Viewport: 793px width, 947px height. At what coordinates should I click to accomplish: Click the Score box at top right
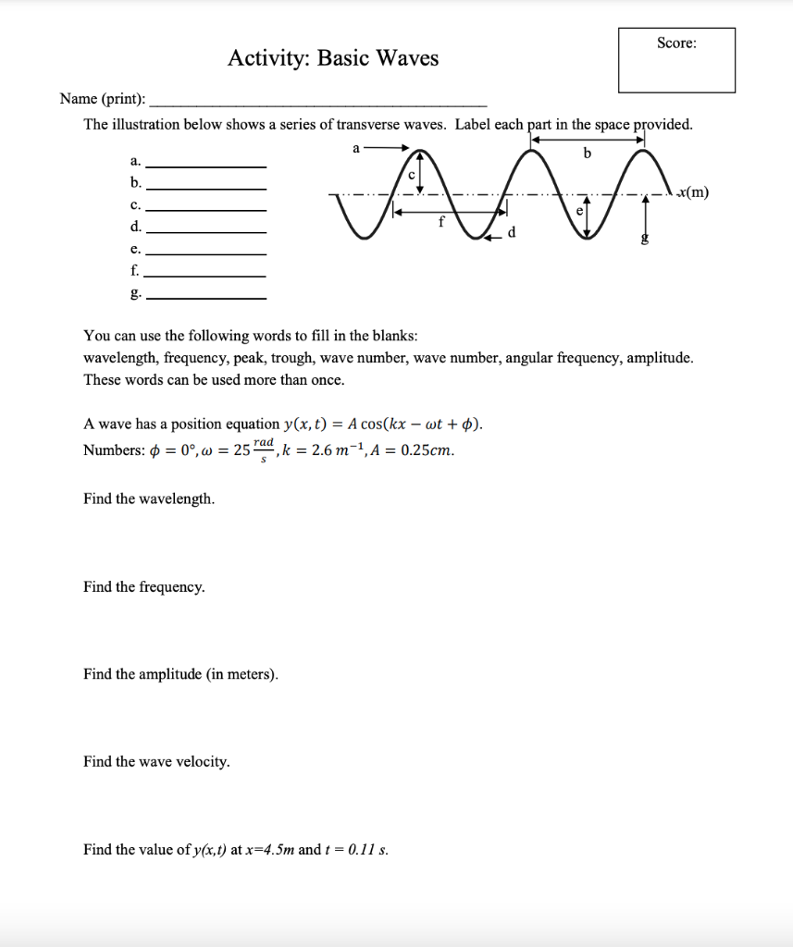pyautogui.click(x=676, y=60)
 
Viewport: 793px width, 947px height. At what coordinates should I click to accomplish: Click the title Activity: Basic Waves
pyautogui.click(x=333, y=59)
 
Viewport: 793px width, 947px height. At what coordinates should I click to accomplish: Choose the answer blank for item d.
pyautogui.click(x=207, y=229)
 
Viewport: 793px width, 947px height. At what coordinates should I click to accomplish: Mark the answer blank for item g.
pyautogui.click(x=207, y=296)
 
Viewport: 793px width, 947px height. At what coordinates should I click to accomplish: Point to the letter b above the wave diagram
pyautogui.click(x=586, y=154)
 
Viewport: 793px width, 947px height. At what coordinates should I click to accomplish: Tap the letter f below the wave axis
pyautogui.click(x=441, y=221)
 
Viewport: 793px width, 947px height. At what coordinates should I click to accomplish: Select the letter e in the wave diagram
pyautogui.click(x=580, y=211)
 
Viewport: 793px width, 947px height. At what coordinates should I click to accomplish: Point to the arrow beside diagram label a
pyautogui.click(x=387, y=147)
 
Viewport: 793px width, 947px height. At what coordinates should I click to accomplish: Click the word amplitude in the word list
pyautogui.click(x=659, y=358)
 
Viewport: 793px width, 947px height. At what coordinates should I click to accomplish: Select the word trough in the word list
pyautogui.click(x=290, y=358)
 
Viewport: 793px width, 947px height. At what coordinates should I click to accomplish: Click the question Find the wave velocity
pyautogui.click(x=156, y=762)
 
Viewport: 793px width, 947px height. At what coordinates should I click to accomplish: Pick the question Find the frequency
pyautogui.click(x=144, y=587)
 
